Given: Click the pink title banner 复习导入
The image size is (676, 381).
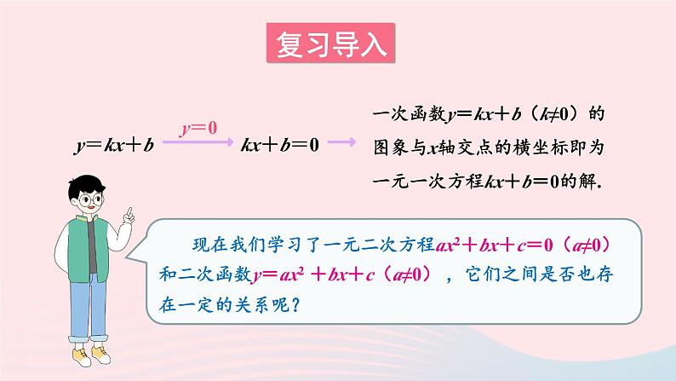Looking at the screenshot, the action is [330, 43].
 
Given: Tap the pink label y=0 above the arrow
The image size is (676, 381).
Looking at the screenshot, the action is [198, 128].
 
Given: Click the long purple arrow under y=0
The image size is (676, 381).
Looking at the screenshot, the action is [198, 141].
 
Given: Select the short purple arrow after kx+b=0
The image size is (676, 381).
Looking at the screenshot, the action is [342, 141].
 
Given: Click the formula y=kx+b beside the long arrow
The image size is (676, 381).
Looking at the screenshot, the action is [114, 145].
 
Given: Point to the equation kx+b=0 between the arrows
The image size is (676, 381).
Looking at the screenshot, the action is [280, 145].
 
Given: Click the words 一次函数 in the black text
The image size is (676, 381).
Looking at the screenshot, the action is [410, 114].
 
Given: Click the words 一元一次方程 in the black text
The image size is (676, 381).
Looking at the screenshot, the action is [427, 181].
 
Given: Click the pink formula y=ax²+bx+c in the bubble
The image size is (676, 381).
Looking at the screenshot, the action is [313, 274].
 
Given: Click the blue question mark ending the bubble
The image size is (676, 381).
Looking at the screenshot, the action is [295, 304].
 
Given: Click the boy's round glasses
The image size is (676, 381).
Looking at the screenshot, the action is [90, 199].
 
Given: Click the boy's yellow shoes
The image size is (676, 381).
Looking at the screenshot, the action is [91, 355].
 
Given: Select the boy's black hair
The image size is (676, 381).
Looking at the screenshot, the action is [85, 185].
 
